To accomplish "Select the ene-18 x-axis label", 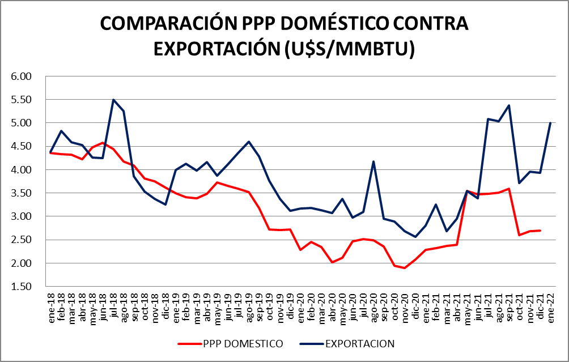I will pos(52,309).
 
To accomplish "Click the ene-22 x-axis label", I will pos(550,309).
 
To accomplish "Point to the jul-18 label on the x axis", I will pos(114,309).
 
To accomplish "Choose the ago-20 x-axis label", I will pos(373,309).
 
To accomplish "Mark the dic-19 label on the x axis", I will pos(290,309).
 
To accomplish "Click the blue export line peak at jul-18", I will pos(113,100).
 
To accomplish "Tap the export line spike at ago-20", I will pos(373,161).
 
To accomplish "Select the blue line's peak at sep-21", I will pos(509,105).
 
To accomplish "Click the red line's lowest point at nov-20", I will pos(405,268).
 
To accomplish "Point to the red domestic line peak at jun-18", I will pos(103,143).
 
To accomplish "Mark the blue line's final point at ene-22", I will pos(550,123).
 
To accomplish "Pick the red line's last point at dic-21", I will pos(540,231).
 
